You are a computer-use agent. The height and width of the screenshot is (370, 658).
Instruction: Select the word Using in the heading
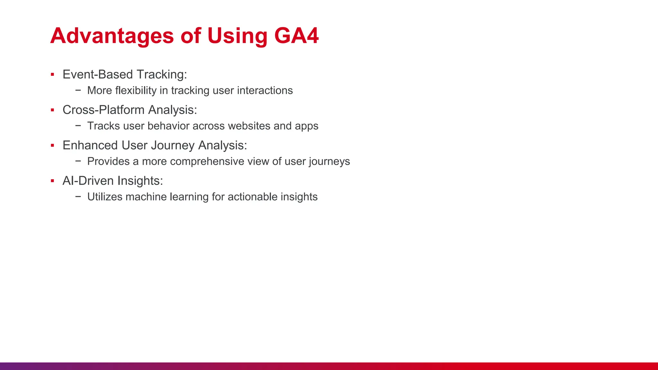(237, 36)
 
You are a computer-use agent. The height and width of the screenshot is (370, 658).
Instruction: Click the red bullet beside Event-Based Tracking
(52, 75)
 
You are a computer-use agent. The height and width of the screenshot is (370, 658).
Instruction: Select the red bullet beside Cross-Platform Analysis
(52, 110)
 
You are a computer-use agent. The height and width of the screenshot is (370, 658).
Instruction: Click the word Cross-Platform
(103, 110)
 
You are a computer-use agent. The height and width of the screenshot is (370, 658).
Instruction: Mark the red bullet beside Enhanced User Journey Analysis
(52, 145)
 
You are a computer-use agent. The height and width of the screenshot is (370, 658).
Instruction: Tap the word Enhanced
(90, 145)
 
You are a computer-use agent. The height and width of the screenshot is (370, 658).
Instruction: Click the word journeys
(329, 162)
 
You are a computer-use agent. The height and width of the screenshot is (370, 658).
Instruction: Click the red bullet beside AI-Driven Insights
(52, 181)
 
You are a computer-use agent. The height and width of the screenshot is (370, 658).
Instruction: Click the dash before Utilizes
(78, 196)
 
